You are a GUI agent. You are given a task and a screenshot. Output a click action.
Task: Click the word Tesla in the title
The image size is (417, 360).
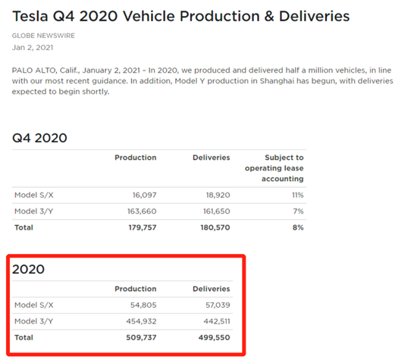click(x=30, y=16)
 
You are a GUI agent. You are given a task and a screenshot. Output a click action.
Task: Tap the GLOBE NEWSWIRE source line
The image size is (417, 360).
click(x=43, y=36)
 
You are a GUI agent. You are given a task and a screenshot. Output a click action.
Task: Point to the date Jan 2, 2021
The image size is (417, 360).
click(x=33, y=48)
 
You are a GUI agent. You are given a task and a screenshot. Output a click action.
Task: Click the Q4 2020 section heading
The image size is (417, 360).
click(x=39, y=138)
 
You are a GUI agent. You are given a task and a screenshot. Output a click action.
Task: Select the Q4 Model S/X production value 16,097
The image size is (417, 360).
click(x=144, y=195)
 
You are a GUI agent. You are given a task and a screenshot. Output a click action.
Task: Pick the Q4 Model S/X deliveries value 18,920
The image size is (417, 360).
click(x=218, y=195)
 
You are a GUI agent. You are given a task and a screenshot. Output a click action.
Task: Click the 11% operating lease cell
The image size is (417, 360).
click(x=298, y=195)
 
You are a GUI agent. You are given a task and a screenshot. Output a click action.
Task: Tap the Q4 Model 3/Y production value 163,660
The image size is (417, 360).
click(x=142, y=211)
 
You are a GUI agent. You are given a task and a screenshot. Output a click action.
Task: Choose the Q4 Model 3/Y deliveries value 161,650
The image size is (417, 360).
click(x=217, y=211)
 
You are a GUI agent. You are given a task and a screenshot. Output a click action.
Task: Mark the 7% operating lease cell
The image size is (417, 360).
click(x=298, y=211)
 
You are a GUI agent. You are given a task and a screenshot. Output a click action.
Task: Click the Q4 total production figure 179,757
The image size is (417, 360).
click(x=143, y=227)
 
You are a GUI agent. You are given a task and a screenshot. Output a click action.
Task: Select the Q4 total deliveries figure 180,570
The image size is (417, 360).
click(x=215, y=227)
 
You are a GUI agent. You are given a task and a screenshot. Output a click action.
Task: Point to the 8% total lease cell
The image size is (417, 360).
click(x=298, y=227)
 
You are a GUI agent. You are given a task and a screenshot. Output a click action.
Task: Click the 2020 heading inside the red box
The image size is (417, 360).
click(x=28, y=269)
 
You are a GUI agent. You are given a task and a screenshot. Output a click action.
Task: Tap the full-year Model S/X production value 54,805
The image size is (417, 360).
click(x=143, y=305)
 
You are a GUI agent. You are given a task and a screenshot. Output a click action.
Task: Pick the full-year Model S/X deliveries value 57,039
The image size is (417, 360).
click(x=218, y=305)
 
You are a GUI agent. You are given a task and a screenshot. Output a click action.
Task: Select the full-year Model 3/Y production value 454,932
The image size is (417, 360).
click(x=141, y=321)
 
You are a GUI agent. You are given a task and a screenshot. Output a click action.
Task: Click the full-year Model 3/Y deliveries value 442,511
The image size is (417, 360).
click(x=217, y=321)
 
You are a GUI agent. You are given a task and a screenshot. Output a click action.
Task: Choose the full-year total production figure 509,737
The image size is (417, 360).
click(x=141, y=337)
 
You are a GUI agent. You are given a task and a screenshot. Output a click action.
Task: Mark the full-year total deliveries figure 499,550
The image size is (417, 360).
click(x=214, y=337)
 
